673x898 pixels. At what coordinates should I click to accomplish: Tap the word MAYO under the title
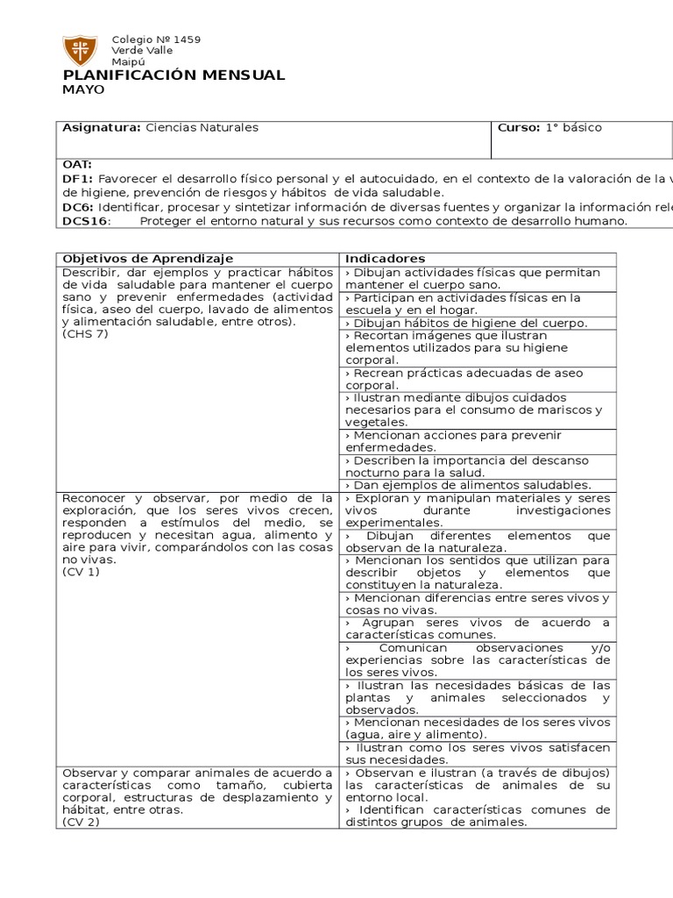pyautogui.click(x=83, y=89)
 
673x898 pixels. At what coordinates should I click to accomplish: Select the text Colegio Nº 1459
pyautogui.click(x=156, y=39)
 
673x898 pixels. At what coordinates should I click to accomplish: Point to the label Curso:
pyautogui.click(x=519, y=128)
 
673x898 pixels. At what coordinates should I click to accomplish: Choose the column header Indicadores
pyautogui.click(x=385, y=259)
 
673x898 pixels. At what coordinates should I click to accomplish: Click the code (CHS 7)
pyautogui.click(x=85, y=334)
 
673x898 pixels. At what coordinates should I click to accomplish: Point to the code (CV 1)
pyautogui.click(x=81, y=572)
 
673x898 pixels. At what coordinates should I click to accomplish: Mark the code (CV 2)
pyautogui.click(x=81, y=823)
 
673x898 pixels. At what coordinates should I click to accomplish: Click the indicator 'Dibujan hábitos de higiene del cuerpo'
pyautogui.click(x=466, y=323)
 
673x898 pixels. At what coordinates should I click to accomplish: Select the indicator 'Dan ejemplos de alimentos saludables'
pyautogui.click(x=468, y=485)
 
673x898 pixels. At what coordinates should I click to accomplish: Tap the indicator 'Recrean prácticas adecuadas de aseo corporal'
pyautogui.click(x=464, y=379)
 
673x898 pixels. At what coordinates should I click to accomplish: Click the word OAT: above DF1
pyautogui.click(x=77, y=165)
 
